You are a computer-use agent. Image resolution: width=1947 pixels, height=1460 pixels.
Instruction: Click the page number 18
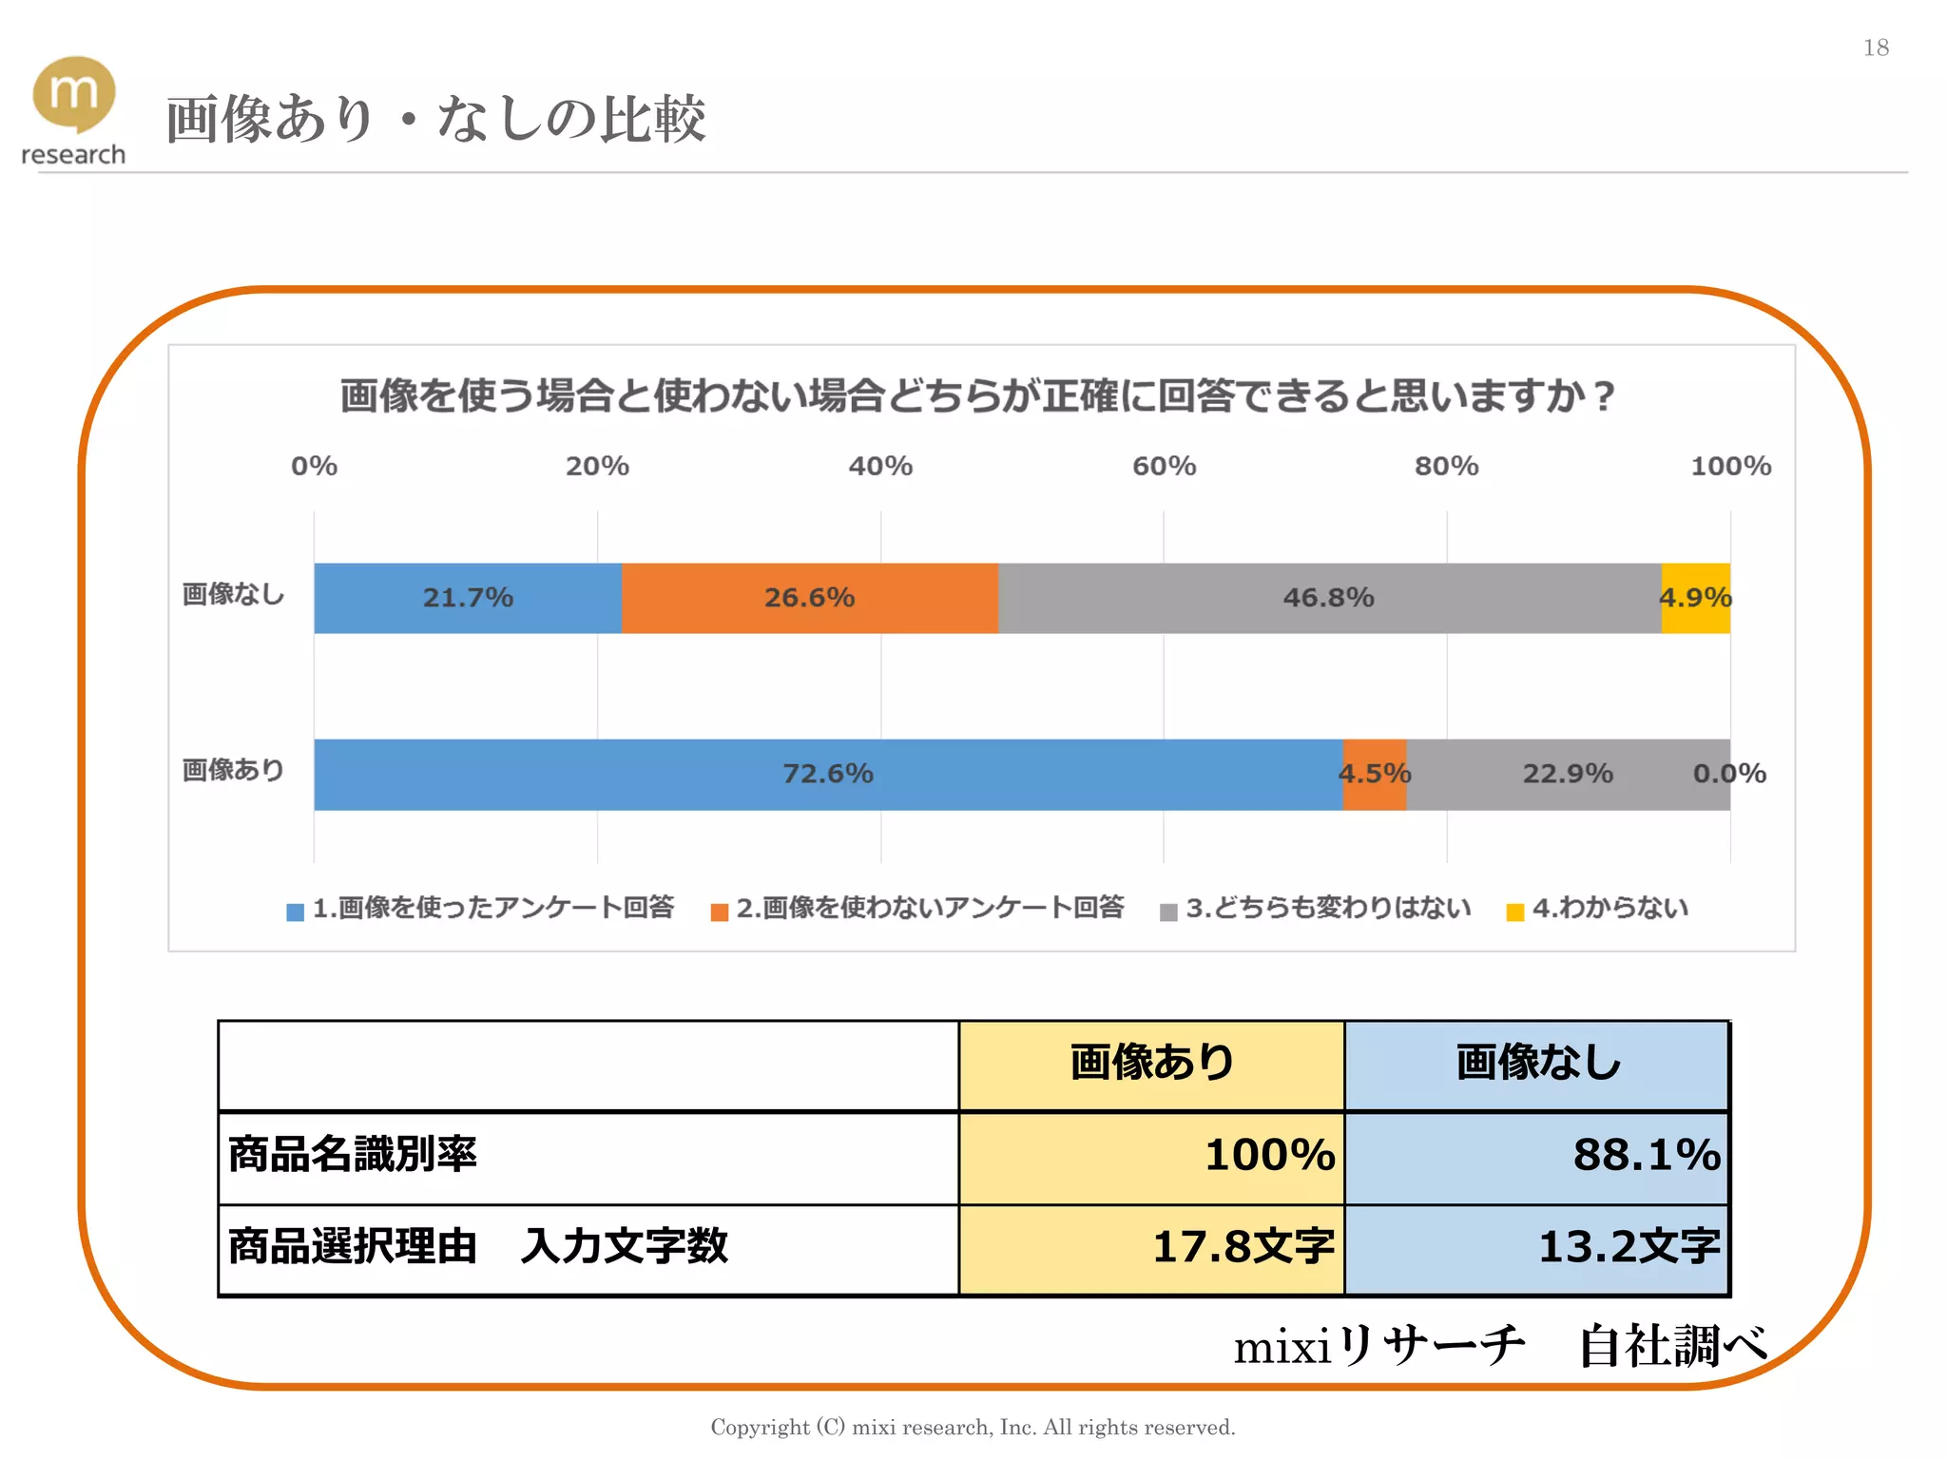click(x=1876, y=48)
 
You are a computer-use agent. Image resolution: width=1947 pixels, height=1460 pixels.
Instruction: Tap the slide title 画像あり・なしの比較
click(x=435, y=120)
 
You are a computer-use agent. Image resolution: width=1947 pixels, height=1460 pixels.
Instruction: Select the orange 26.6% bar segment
click(x=809, y=598)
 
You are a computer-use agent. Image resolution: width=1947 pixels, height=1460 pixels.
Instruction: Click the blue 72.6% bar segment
click(x=827, y=774)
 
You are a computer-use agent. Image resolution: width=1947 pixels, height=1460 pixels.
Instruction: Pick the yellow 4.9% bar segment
click(x=1695, y=598)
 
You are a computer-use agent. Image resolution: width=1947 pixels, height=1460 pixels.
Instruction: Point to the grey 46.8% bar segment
click(x=1328, y=598)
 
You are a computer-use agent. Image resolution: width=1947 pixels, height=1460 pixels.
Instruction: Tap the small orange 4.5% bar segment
click(x=1374, y=774)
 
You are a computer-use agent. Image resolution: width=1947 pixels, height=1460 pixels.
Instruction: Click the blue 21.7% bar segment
click(x=467, y=598)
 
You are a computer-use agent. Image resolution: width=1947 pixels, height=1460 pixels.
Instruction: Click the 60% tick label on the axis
click(x=1164, y=466)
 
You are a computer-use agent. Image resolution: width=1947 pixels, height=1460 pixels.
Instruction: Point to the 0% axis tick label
click(x=314, y=466)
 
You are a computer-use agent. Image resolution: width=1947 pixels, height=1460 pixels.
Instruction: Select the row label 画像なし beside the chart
click(x=233, y=594)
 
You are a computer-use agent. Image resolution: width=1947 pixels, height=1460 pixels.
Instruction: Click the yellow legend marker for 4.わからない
click(x=1515, y=912)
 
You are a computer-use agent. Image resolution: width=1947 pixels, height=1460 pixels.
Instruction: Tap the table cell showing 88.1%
click(x=1536, y=1156)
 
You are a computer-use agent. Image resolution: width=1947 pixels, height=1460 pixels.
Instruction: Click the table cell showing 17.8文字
click(x=1151, y=1247)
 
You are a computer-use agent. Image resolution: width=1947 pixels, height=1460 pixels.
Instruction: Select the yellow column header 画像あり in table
click(x=1151, y=1063)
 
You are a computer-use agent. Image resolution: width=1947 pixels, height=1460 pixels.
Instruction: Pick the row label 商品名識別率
click(x=352, y=1155)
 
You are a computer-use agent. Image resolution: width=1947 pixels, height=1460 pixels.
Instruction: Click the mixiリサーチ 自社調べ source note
click(x=1499, y=1346)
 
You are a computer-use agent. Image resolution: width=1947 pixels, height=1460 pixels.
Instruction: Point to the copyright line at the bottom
click(x=973, y=1427)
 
